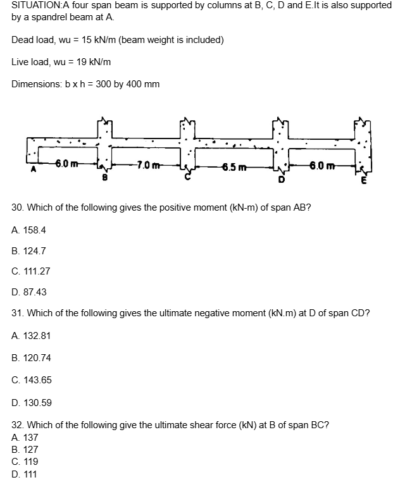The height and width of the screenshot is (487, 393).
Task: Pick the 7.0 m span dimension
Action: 149,166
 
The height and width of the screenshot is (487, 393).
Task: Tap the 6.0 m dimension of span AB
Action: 66,164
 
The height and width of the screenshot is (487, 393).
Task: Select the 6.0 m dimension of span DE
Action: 321,166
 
